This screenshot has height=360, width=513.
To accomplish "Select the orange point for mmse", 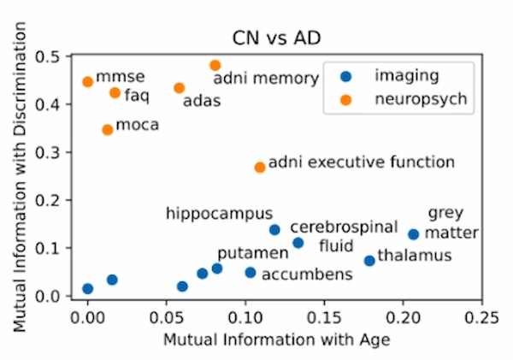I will [87, 82].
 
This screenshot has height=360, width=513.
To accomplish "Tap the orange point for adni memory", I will [215, 65].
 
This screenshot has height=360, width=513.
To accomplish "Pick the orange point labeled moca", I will [108, 130].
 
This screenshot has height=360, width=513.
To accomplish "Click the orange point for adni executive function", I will [260, 168].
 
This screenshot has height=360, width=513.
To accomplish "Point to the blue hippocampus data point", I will [274, 230].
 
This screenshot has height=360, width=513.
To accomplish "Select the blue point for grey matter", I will [414, 234].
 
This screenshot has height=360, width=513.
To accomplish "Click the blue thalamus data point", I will [369, 261].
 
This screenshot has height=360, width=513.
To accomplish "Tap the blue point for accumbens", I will [251, 273].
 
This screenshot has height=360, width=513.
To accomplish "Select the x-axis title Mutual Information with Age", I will [277, 339].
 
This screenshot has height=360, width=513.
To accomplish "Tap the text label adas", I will [202, 101].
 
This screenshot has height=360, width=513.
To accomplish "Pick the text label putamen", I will [240, 254].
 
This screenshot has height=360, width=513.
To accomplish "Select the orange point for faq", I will [115, 92].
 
